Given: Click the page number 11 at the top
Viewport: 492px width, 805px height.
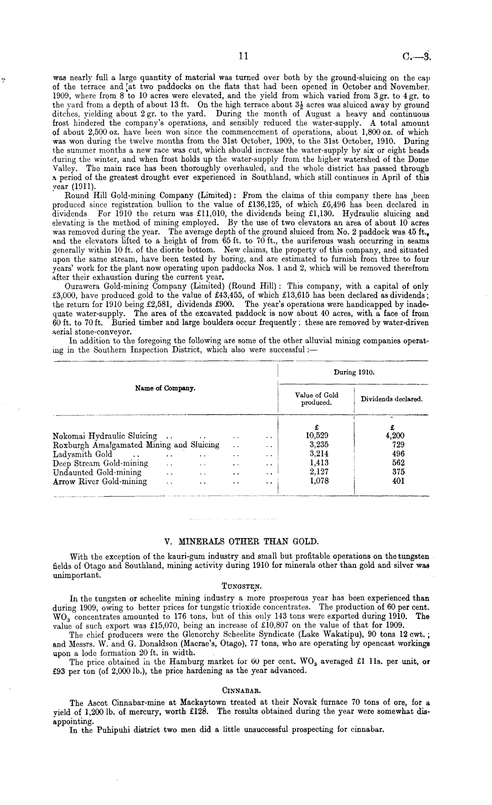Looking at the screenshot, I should [243, 56].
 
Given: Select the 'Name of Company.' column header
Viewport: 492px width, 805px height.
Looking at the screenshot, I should [166, 388].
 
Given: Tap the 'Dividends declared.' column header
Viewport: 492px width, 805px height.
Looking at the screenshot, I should [392, 399].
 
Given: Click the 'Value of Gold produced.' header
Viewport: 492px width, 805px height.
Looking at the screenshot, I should [316, 399].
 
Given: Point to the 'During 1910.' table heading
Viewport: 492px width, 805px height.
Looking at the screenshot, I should [354, 372].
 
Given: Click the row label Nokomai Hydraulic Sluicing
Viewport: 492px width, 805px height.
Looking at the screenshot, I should [105, 436].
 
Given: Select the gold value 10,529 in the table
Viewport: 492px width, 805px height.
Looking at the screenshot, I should [316, 436].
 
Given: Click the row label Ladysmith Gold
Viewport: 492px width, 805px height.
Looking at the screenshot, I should [83, 454].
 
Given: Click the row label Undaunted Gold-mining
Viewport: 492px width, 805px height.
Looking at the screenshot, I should [97, 472].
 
